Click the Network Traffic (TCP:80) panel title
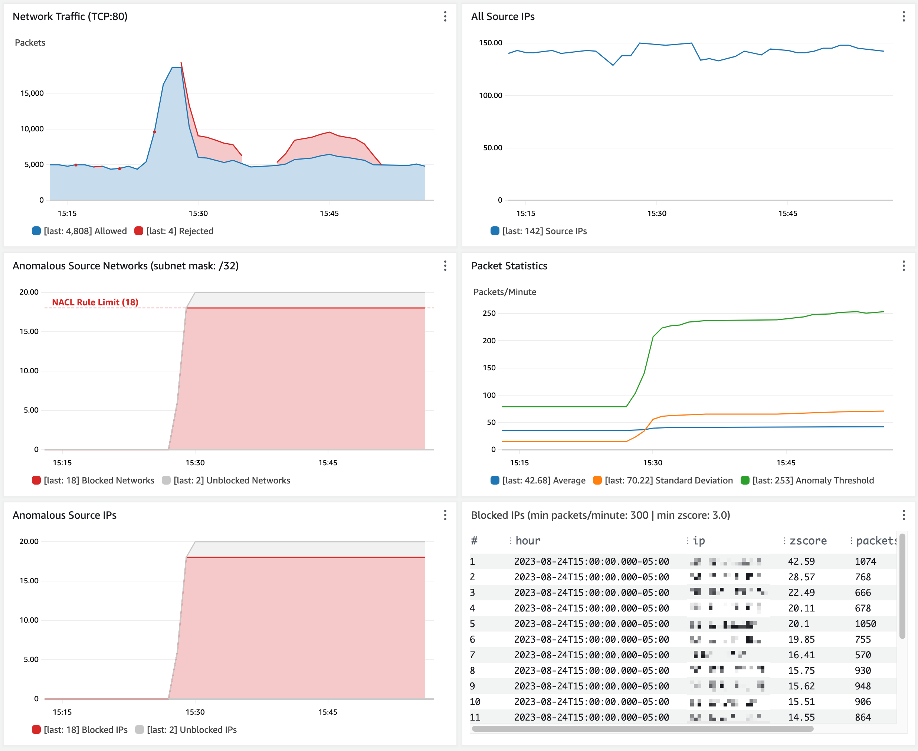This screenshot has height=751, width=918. coord(70,16)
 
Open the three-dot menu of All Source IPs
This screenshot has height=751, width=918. coord(903,16)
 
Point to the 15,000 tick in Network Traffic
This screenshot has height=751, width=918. coord(32,93)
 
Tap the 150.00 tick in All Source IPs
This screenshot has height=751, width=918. coord(490,42)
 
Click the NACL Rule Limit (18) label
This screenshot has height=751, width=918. coord(95,302)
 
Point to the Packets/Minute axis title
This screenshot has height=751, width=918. coord(504,292)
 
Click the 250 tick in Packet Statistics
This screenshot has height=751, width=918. coord(489,313)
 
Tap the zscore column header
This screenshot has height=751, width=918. coord(808,541)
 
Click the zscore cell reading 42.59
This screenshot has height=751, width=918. coord(801,561)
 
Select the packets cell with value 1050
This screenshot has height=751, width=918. coord(865,624)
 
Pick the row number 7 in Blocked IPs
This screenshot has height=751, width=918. coord(472,655)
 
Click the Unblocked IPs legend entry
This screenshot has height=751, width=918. coord(191,730)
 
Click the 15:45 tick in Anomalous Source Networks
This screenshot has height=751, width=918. coord(328,462)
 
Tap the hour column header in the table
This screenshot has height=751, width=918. coord(528,541)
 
